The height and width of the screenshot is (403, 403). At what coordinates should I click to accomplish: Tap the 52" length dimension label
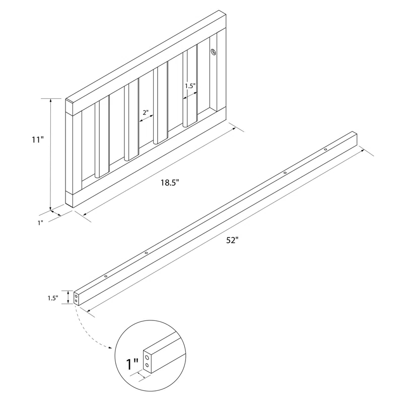point(232,240)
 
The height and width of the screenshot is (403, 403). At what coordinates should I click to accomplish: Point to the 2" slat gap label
point(145,113)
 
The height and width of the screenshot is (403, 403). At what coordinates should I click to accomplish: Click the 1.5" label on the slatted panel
point(189,86)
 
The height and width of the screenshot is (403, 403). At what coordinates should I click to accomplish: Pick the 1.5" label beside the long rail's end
point(52,298)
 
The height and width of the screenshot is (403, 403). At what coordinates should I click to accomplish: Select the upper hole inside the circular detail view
point(146,357)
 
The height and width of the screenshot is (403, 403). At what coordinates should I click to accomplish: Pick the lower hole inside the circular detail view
point(146,365)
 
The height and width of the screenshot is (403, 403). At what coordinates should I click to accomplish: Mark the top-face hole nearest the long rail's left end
point(106,277)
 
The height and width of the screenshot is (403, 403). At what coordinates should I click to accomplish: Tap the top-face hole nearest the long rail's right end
point(325,150)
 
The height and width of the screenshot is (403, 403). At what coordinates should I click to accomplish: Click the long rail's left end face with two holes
point(76,298)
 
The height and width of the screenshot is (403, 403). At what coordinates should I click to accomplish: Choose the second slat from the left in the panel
point(131,121)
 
